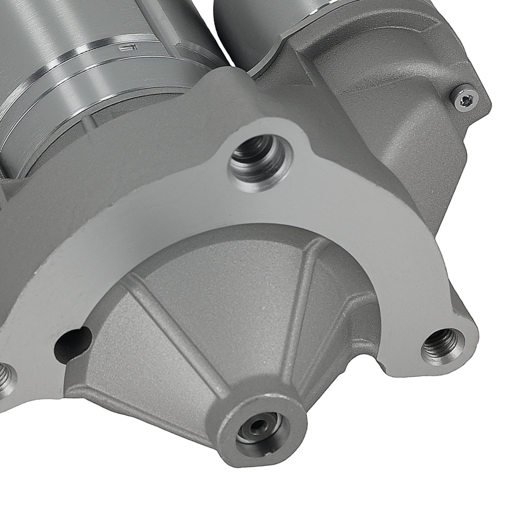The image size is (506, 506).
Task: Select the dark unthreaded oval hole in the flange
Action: [x=75, y=340]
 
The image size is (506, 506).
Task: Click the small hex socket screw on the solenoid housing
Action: [x=467, y=99]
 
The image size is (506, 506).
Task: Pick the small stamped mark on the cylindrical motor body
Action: [x=125, y=49]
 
